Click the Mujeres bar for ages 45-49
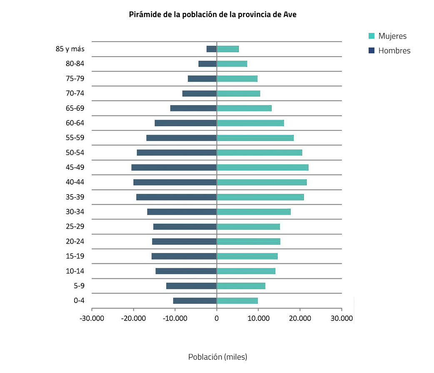(262, 167)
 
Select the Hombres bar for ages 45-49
(174, 167)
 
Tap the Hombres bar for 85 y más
(212, 49)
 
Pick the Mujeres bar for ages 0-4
(237, 300)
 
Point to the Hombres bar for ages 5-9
(191, 285)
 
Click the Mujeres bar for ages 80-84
(232, 64)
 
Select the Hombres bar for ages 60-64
(186, 123)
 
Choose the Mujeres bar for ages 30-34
(253, 212)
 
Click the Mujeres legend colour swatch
(372, 36)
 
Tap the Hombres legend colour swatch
(372, 50)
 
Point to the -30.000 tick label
(92, 318)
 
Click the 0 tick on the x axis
(217, 318)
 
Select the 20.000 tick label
(300, 318)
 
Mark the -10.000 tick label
(175, 318)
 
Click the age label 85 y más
(70, 49)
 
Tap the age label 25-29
(75, 227)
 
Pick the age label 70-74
(75, 93)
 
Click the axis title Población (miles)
(217, 357)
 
